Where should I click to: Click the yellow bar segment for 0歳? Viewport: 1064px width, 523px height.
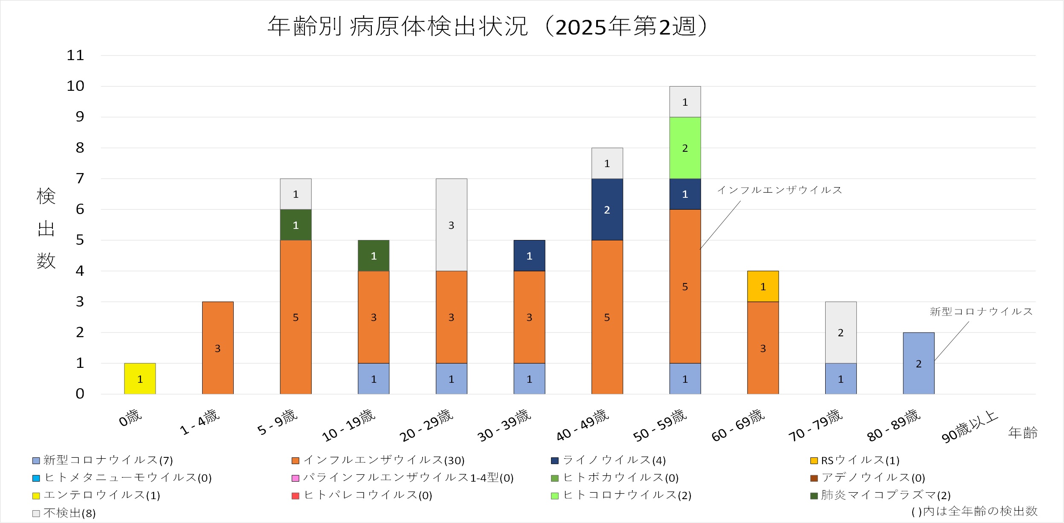click(140, 379)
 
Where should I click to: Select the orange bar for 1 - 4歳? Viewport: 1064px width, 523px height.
click(217, 348)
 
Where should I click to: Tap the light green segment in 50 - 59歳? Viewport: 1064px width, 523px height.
click(685, 148)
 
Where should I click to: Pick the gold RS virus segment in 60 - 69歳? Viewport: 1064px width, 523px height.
click(763, 286)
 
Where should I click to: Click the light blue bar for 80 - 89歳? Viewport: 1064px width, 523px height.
click(919, 363)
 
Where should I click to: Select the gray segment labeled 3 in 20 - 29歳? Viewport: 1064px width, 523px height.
click(451, 225)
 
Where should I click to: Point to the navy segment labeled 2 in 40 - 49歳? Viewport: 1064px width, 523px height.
click(607, 209)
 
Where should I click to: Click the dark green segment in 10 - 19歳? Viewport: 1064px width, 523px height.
click(374, 255)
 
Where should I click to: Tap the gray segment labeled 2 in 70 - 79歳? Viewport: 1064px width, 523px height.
click(841, 332)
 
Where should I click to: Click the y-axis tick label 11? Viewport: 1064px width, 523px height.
click(75, 55)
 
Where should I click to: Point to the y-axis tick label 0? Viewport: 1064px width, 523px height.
click(80, 394)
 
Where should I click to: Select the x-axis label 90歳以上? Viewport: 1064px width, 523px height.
click(970, 426)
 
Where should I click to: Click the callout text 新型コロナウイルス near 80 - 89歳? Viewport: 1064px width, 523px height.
click(981, 312)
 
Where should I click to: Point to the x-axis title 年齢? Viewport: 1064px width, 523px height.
click(1023, 433)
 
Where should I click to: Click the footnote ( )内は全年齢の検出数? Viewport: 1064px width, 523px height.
click(974, 511)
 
